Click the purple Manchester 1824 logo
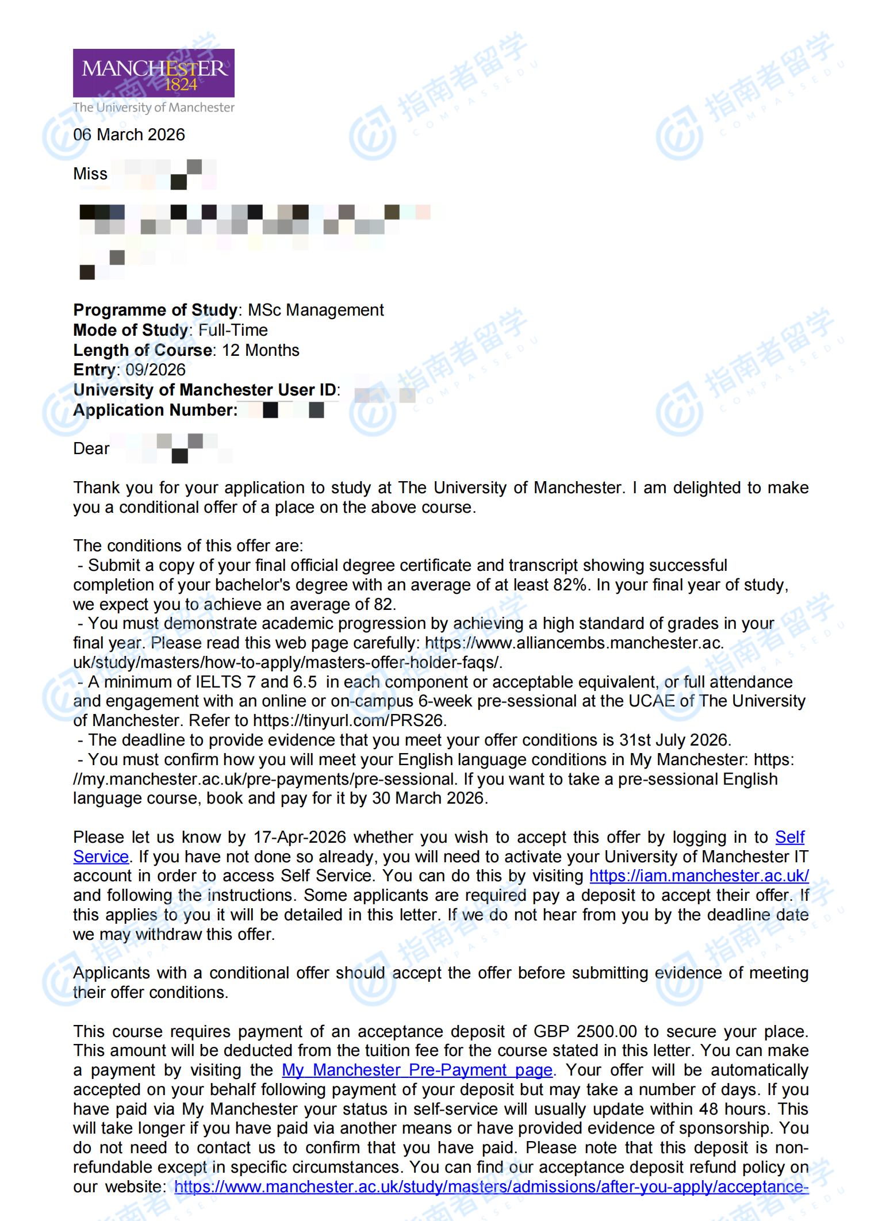pyautogui.click(x=154, y=73)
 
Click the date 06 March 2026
pyautogui.click(x=129, y=135)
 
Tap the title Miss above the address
pyautogui.click(x=90, y=174)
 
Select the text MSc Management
pyautogui.click(x=316, y=310)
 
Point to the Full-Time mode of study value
pyautogui.click(x=233, y=330)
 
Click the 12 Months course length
pyautogui.click(x=260, y=350)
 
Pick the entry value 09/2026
pyautogui.click(x=155, y=370)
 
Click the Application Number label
pyautogui.click(x=155, y=410)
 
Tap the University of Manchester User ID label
pyautogui.click(x=206, y=390)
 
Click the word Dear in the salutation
pyautogui.click(x=91, y=448)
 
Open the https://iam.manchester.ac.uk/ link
pyautogui.click(x=699, y=876)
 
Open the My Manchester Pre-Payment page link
pyautogui.click(x=417, y=1070)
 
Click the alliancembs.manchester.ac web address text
pyautogui.click(x=573, y=643)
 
